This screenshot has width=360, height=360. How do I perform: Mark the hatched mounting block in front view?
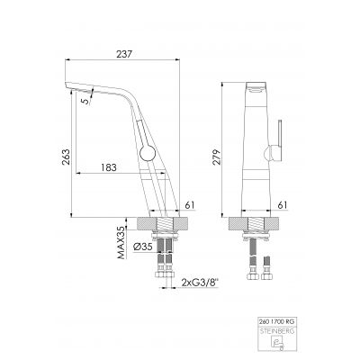click(259, 225)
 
